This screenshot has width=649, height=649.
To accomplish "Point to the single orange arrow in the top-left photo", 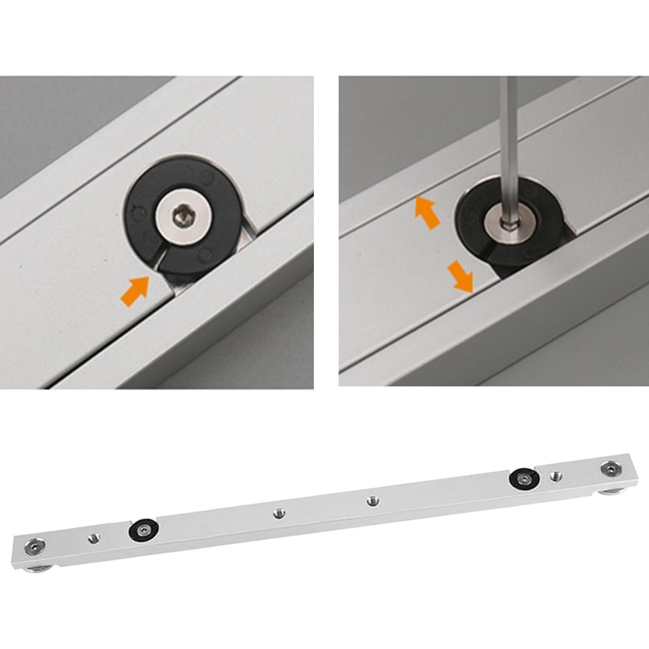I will tap(135, 291).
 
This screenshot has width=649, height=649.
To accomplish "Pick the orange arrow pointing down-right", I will tap(461, 276).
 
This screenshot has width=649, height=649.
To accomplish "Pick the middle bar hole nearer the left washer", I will tap(278, 513).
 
